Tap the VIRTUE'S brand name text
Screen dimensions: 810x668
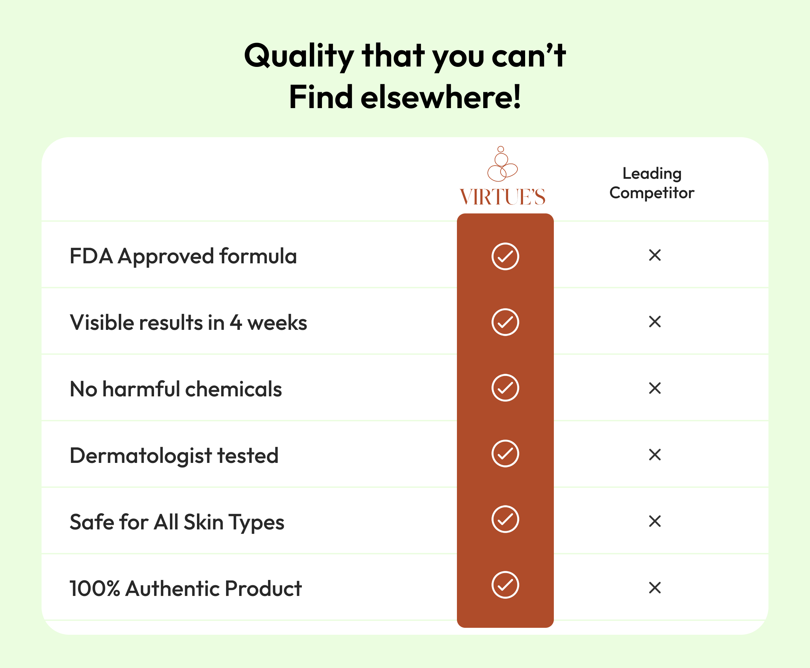(x=503, y=197)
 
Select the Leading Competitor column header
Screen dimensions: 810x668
(x=652, y=183)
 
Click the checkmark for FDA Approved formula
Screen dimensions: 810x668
(x=505, y=256)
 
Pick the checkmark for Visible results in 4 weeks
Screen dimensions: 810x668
(x=505, y=322)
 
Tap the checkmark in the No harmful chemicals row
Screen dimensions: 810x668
(x=505, y=388)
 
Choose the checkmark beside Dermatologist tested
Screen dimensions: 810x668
(x=505, y=454)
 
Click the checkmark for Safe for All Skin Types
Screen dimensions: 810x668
(x=505, y=519)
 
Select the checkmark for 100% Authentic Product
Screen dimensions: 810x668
(x=505, y=585)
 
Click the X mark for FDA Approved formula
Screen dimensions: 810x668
(x=655, y=255)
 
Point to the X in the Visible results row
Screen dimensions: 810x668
(x=655, y=322)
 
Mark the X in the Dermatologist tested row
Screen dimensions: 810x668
(x=655, y=455)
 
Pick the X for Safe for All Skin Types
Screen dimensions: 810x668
(x=655, y=521)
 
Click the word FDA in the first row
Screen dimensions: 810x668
(x=91, y=256)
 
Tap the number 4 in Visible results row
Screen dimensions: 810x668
(x=236, y=323)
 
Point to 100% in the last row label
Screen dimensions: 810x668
(x=95, y=589)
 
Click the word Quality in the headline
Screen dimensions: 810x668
(x=299, y=56)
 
